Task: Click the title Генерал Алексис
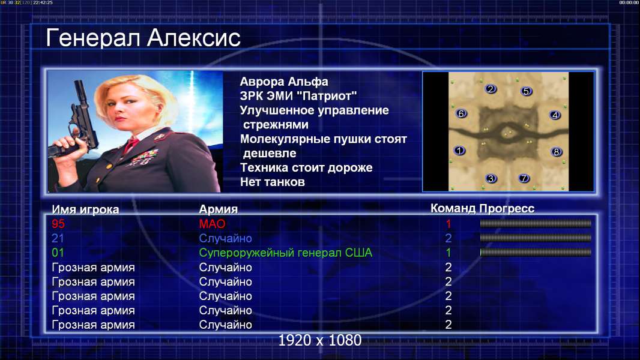[143, 38]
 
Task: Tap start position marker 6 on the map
[461, 113]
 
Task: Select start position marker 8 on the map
[557, 152]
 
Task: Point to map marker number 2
[491, 89]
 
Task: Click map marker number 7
[524, 178]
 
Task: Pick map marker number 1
[459, 151]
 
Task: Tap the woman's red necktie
[131, 145]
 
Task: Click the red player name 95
[58, 224]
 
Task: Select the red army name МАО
[213, 224]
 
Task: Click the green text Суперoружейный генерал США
[286, 253]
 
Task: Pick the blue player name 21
[58, 238]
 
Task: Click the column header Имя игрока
[85, 209]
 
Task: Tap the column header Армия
[219, 209]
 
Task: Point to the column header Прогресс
[507, 208]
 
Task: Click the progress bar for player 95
[536, 223]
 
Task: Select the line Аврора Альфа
[284, 82]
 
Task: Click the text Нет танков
[273, 182]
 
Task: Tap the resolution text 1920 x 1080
[320, 340]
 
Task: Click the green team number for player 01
[448, 253]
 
